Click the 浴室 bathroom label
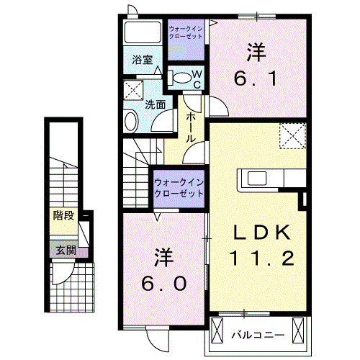click(x=141, y=61)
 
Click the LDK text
click(x=261, y=233)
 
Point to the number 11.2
click(x=261, y=258)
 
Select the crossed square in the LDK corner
click(x=293, y=134)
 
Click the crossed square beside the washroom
click(x=134, y=91)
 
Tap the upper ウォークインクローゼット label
click(x=186, y=32)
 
